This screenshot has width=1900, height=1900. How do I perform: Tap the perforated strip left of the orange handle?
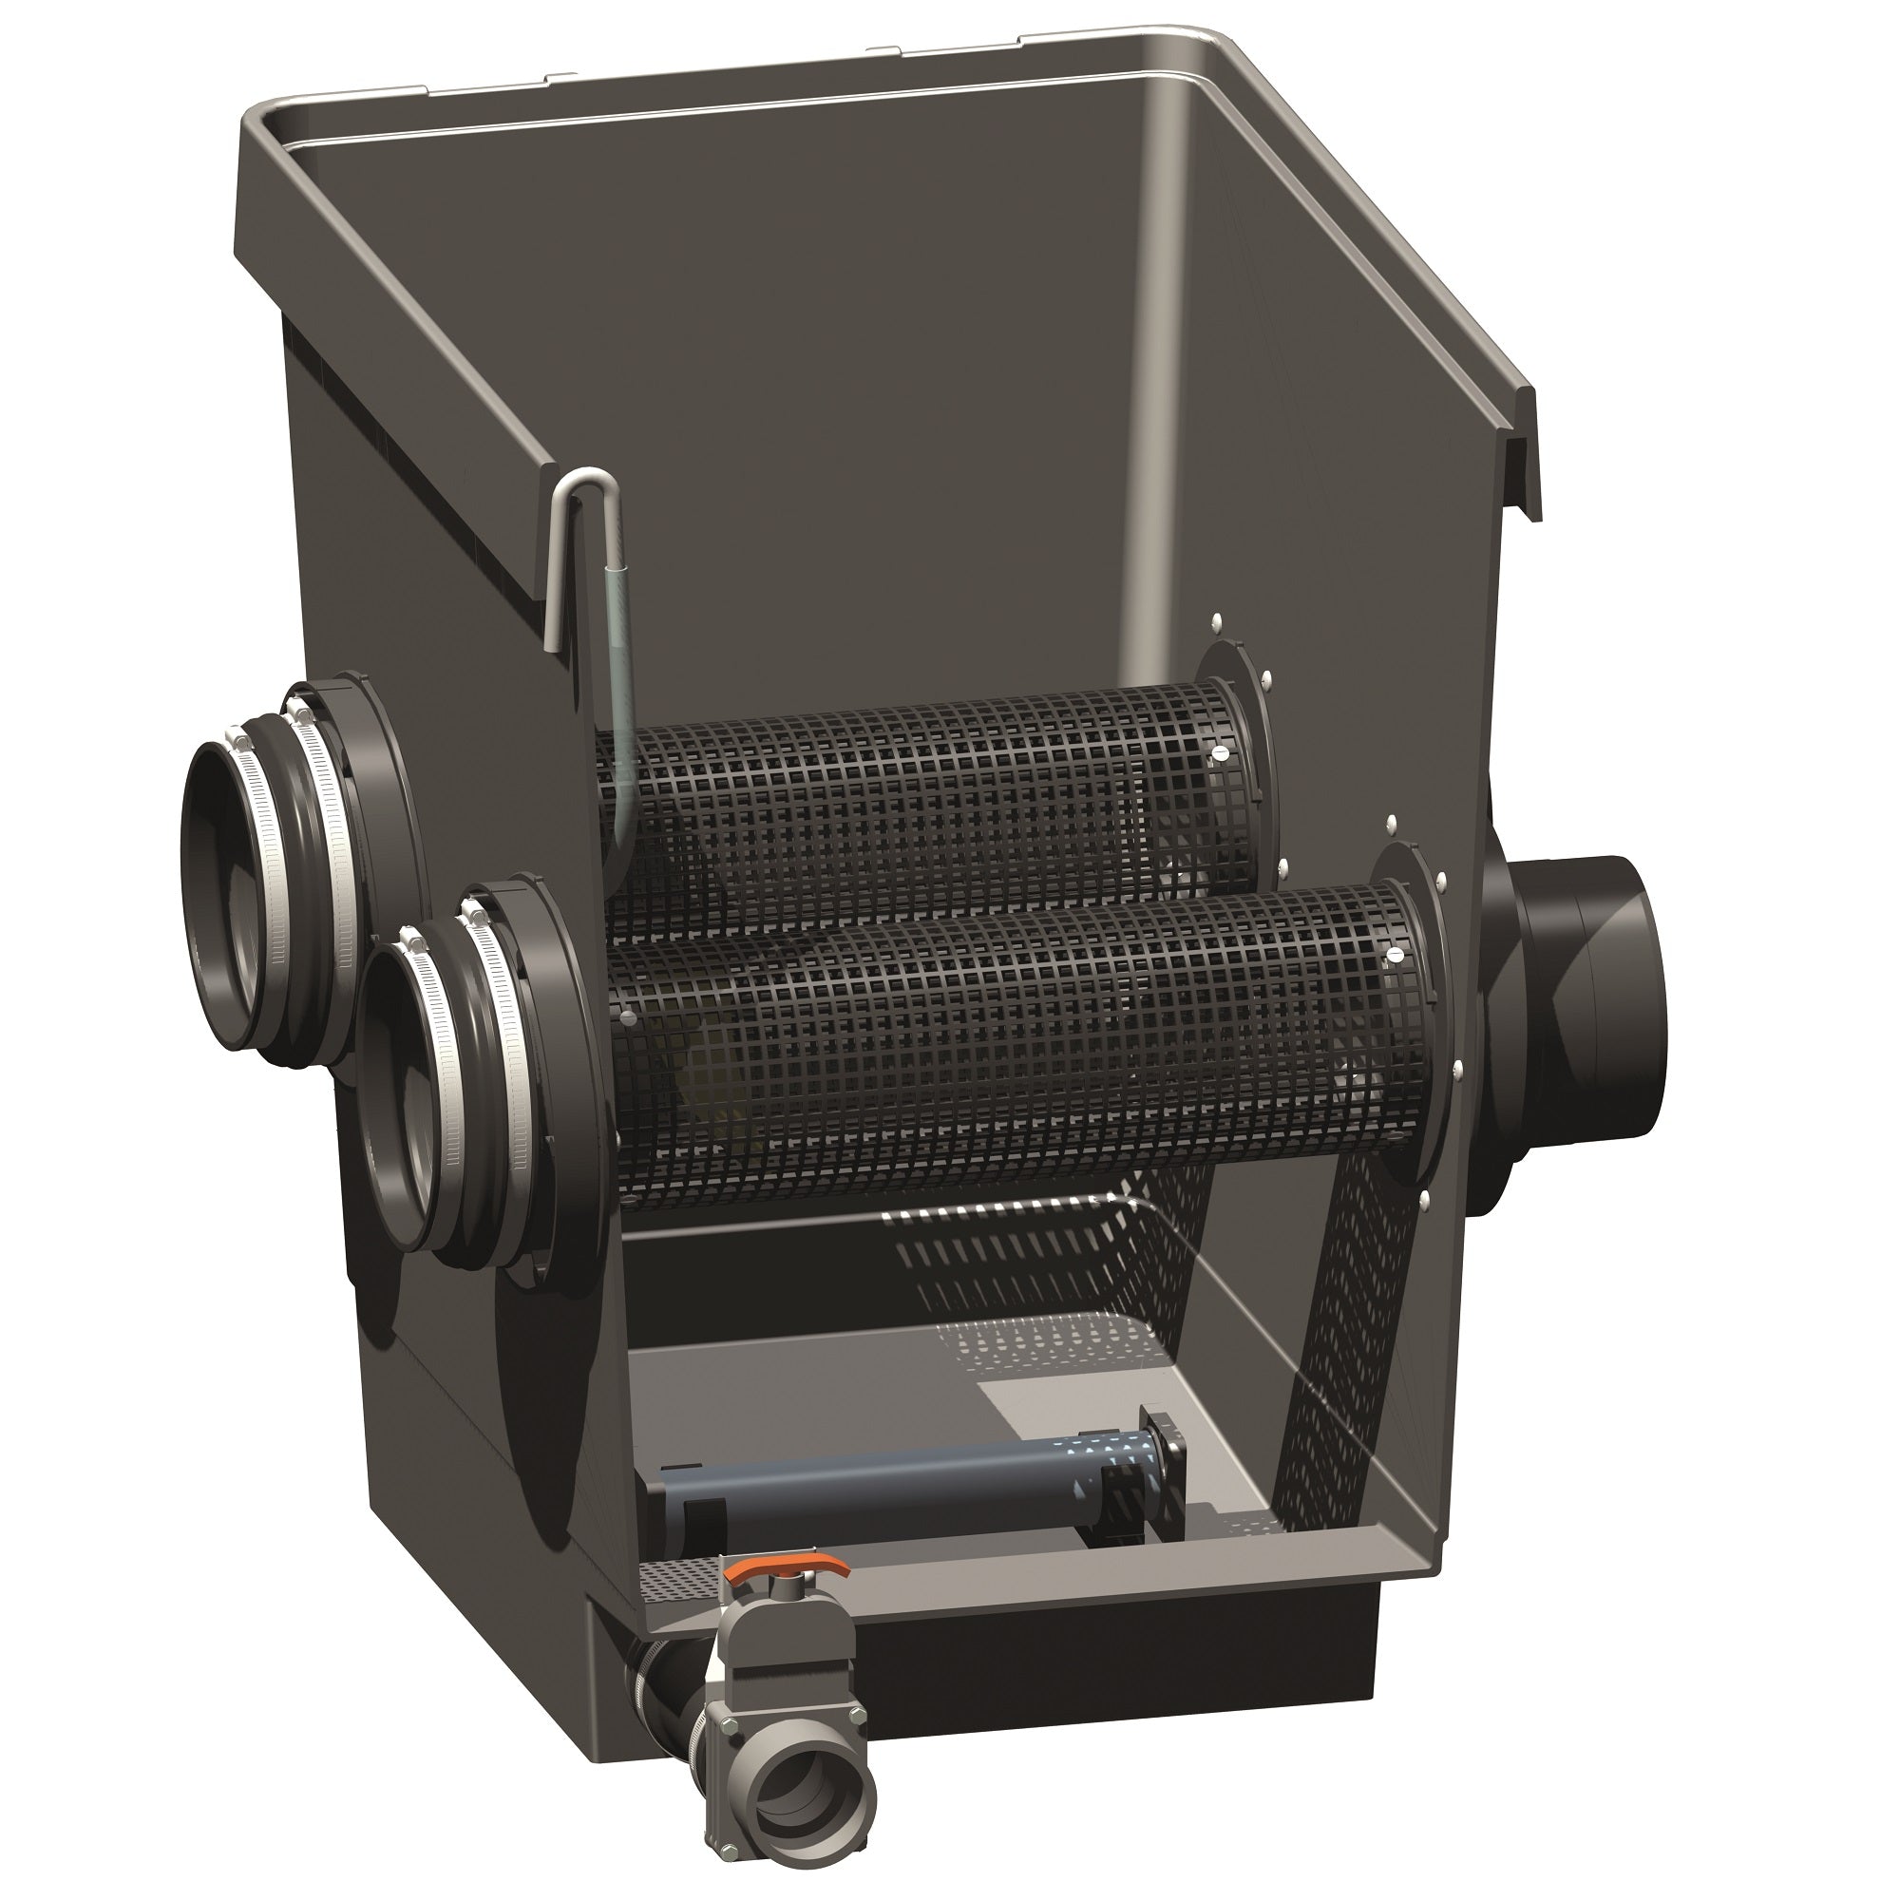tap(678, 1571)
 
